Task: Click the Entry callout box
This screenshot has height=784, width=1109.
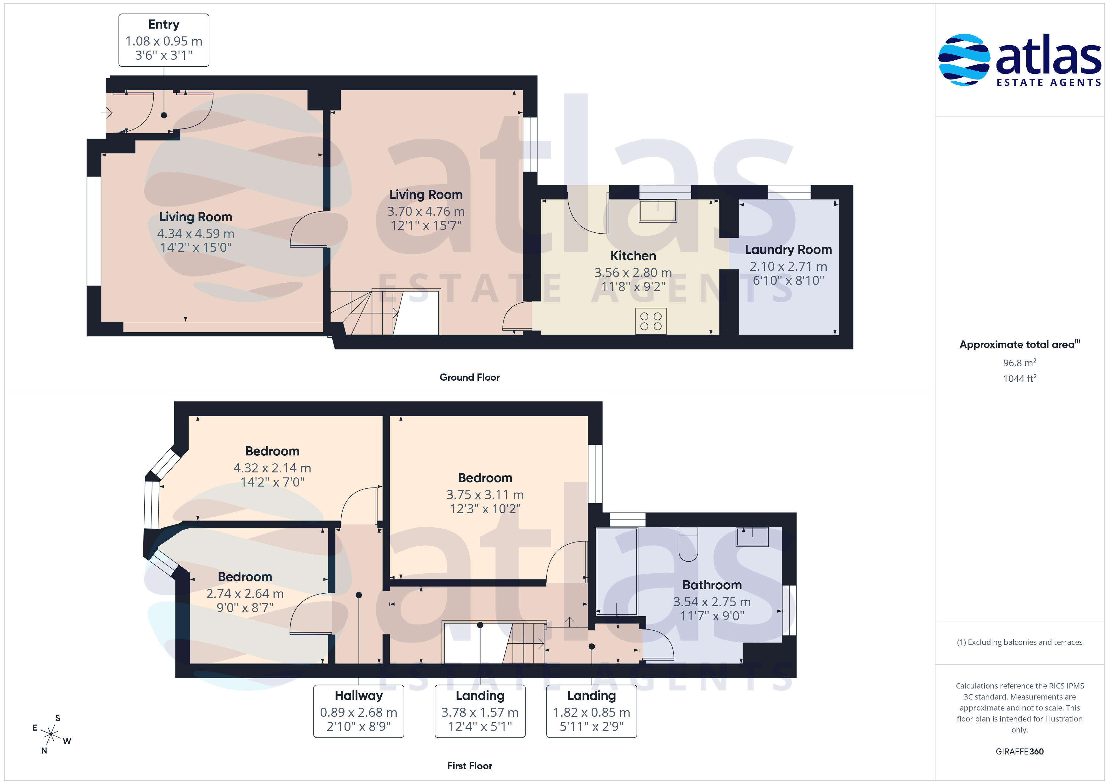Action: point(164,40)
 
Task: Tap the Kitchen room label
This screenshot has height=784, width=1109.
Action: point(633,256)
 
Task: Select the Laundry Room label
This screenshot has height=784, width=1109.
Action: point(788,250)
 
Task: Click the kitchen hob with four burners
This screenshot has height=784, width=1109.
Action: point(651,321)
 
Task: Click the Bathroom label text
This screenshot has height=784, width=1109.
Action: point(712,585)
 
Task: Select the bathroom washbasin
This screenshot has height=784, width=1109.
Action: point(752,537)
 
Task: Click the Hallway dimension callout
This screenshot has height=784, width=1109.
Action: point(358,711)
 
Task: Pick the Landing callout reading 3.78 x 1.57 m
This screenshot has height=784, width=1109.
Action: point(480,711)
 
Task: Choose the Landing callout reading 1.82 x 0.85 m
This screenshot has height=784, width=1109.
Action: point(592,711)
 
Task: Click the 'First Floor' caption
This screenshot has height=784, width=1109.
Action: point(470,766)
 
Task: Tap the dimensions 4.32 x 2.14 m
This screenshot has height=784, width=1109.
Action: point(273,468)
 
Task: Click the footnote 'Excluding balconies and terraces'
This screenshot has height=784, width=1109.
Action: point(1025,642)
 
